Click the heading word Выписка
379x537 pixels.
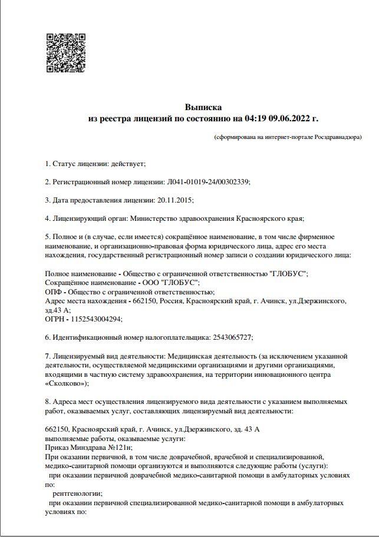coord(203,108)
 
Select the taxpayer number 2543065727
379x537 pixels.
coord(232,337)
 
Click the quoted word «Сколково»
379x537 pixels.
coord(65,383)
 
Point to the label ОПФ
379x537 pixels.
coord(52,292)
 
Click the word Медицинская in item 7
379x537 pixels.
coord(189,356)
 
